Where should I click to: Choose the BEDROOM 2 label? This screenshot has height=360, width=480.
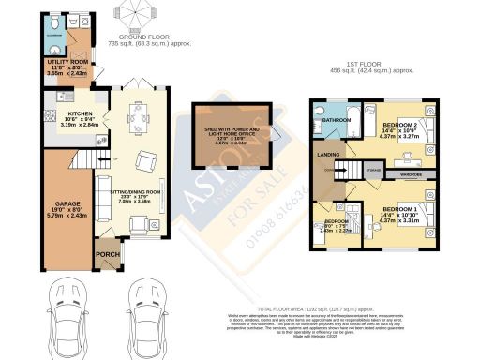[401, 123]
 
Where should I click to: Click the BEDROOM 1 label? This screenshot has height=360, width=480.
[401, 207]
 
